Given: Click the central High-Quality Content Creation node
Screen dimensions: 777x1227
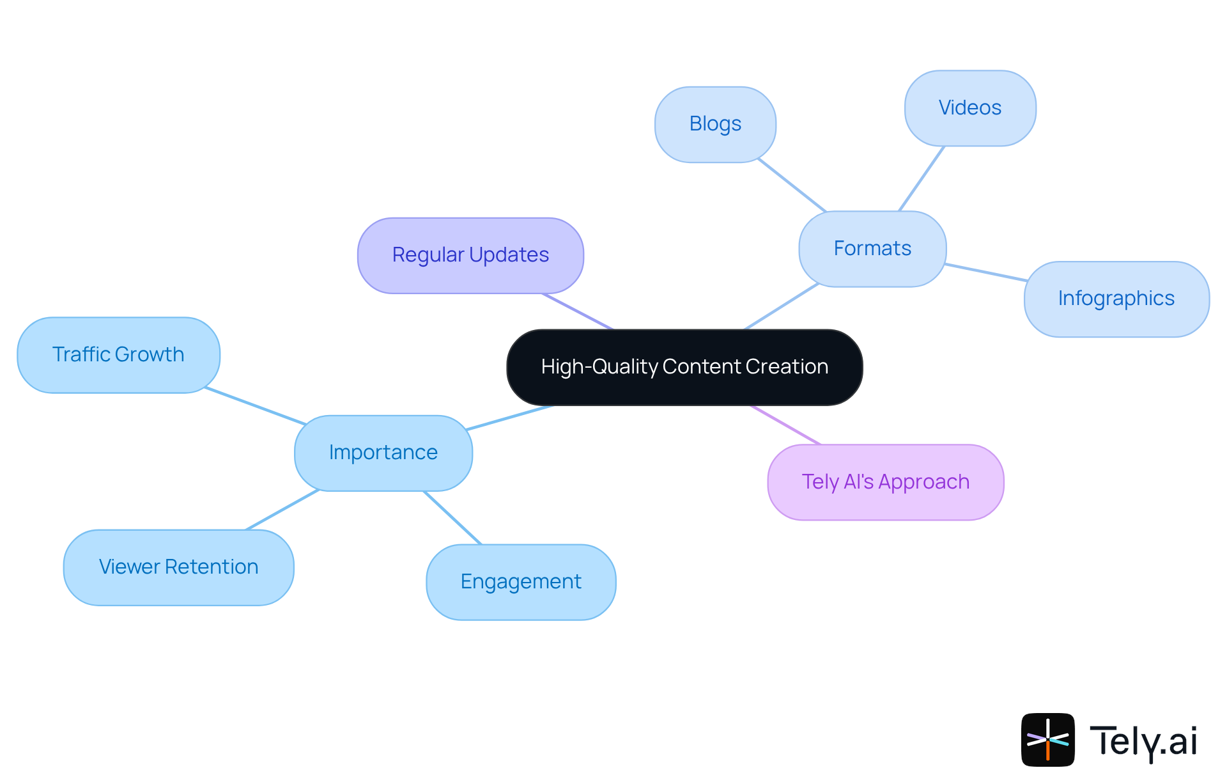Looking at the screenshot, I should click(x=684, y=367).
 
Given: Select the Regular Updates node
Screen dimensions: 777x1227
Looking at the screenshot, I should click(x=470, y=255).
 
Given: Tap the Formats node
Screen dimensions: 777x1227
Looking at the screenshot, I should click(x=872, y=249).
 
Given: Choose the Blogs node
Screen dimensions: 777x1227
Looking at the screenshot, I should click(x=715, y=124).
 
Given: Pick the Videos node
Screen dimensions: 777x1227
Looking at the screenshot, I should click(x=969, y=108).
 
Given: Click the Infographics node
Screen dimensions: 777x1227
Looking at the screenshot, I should click(x=1116, y=299).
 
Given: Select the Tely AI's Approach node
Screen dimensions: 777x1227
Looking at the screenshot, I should click(x=885, y=482).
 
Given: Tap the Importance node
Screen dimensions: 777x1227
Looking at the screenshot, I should click(x=383, y=453).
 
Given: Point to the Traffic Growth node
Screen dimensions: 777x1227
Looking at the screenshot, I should click(x=118, y=355).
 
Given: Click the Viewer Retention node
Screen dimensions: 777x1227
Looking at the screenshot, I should click(x=178, y=567).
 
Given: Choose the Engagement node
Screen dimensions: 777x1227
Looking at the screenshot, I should click(x=521, y=582).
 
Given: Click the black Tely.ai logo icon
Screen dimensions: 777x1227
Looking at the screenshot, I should click(x=1047, y=739).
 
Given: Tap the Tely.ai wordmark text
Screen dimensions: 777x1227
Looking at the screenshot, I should click(x=1143, y=742).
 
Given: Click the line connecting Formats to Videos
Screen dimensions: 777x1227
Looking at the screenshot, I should click(x=922, y=179).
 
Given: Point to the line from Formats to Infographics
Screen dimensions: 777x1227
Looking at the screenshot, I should click(x=985, y=272).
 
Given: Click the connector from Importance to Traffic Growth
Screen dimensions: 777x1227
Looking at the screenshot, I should click(x=254, y=405).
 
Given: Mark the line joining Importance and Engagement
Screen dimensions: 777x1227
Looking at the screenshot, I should click(x=452, y=518).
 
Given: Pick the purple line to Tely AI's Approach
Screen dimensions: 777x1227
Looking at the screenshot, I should click(x=785, y=425).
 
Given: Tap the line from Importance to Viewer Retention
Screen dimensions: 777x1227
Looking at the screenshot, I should click(x=282, y=510).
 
